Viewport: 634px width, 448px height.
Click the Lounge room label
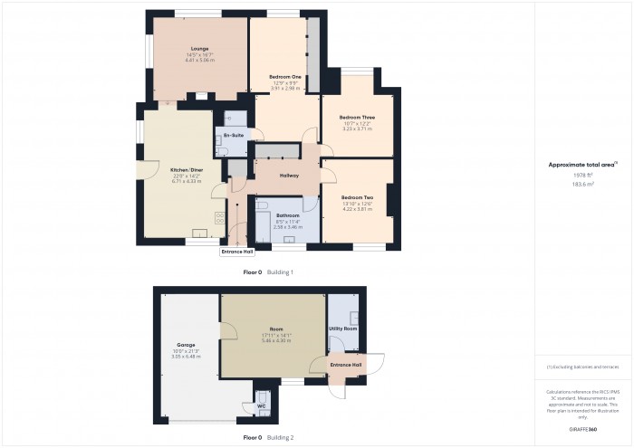(199, 48)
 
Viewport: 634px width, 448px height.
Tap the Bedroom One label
(285, 77)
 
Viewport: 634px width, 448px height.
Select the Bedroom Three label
(357, 117)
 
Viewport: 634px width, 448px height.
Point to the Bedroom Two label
(357, 197)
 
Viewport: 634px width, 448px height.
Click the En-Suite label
(234, 135)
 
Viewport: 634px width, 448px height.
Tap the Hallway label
(288, 175)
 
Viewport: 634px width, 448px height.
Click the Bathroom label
(288, 215)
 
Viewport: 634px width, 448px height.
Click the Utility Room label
(343, 329)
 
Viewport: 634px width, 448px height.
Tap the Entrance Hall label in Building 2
(345, 364)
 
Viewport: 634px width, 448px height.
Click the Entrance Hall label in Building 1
(237, 253)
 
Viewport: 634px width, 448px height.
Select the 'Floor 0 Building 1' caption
(269, 272)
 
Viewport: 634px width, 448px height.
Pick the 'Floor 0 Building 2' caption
(269, 437)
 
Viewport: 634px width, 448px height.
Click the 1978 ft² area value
(582, 176)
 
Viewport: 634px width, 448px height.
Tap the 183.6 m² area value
(582, 184)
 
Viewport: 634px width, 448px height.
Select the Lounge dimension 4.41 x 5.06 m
(199, 59)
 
